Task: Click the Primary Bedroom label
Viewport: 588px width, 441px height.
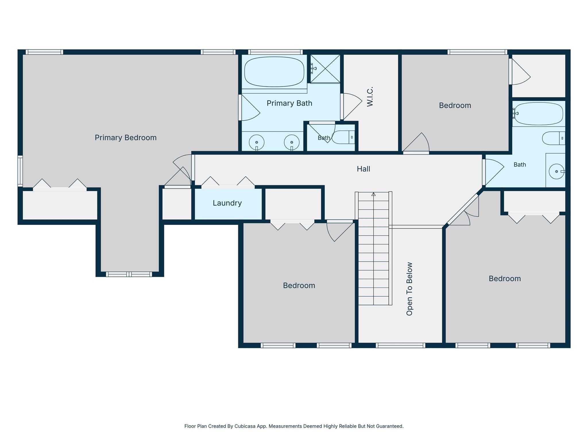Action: point(125,138)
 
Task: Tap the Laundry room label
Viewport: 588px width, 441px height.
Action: point(227,203)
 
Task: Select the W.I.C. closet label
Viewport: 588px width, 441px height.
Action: point(370,97)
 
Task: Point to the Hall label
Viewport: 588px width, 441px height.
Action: point(363,169)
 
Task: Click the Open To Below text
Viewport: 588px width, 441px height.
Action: point(409,289)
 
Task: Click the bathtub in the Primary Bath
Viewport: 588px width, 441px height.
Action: point(274,72)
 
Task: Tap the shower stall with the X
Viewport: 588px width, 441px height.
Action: point(325,69)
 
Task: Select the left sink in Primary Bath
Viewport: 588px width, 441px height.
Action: point(256,142)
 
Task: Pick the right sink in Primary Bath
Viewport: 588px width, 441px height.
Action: point(292,142)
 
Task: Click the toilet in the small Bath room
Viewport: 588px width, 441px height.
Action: point(343,137)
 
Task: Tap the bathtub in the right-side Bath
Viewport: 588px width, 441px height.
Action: point(539,114)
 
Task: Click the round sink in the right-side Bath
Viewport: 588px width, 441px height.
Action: point(556,171)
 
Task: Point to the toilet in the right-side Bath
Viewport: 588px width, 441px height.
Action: point(554,138)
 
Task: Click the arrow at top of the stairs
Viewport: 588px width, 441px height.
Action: point(374,194)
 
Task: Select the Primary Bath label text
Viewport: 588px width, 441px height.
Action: point(289,103)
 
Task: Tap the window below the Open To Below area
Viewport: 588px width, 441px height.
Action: point(401,345)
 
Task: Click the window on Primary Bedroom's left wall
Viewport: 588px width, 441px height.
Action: point(20,171)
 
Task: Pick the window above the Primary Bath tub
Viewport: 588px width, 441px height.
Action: point(275,52)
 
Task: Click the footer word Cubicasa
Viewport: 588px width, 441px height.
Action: point(245,426)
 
